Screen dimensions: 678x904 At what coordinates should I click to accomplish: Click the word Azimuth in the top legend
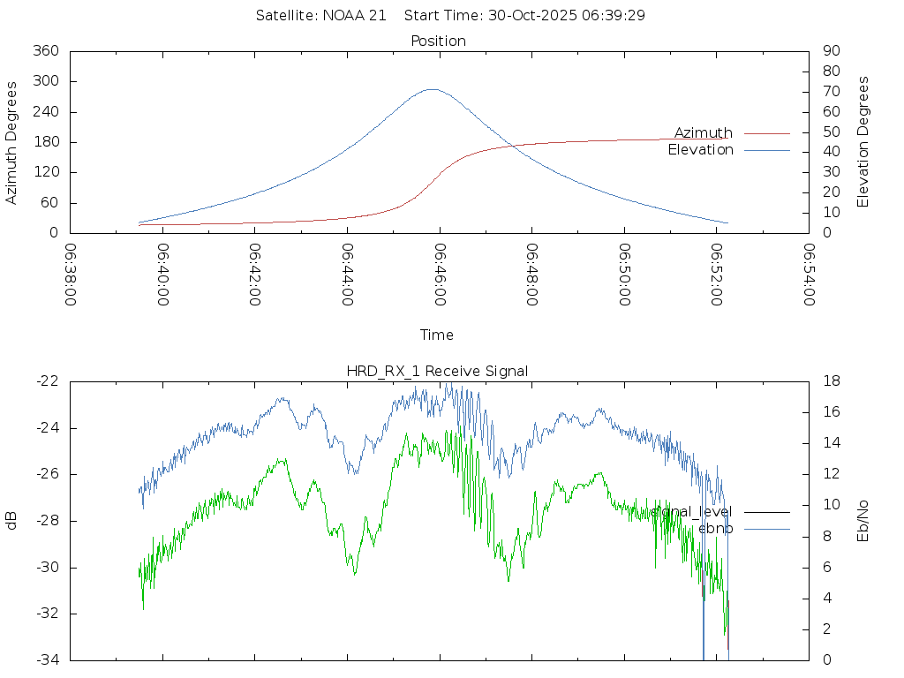click(703, 133)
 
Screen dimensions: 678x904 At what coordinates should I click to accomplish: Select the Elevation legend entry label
click(700, 150)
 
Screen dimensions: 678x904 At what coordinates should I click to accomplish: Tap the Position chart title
click(439, 41)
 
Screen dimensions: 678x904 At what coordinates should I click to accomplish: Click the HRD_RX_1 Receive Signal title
click(437, 372)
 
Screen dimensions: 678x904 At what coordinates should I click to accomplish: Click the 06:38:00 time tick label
click(72, 275)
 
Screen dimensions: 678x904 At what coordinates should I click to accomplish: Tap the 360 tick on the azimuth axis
click(46, 51)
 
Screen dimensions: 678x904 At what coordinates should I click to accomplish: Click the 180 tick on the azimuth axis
click(46, 142)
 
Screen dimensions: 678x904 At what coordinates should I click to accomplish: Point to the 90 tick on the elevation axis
click(830, 51)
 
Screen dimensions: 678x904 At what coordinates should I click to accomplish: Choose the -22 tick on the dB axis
click(47, 381)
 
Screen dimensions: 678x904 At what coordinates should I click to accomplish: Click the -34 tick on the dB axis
click(47, 659)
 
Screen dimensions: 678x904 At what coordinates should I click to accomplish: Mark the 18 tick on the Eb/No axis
click(832, 381)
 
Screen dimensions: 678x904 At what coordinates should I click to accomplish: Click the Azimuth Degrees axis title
click(12, 142)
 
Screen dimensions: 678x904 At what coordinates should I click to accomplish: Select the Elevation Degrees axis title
click(863, 142)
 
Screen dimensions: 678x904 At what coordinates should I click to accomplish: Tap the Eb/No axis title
click(863, 520)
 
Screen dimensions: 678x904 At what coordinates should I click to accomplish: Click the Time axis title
click(437, 335)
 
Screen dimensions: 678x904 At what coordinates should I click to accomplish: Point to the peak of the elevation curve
click(432, 89)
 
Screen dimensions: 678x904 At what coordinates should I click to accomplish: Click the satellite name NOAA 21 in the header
click(354, 16)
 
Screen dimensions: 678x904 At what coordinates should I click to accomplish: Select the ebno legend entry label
click(715, 529)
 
